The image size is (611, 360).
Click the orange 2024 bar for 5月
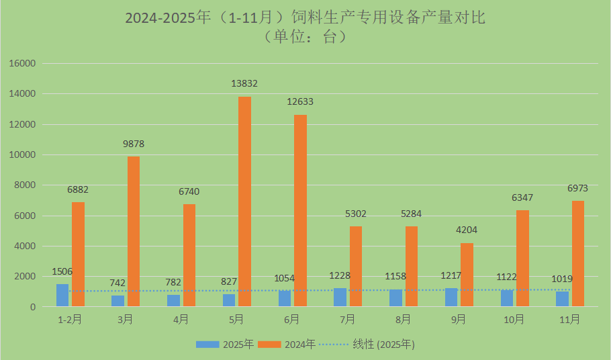[x=245, y=201]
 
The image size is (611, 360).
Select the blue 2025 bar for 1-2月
[x=62, y=296]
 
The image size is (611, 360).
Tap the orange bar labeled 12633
[x=301, y=211]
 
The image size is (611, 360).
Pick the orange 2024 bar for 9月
[x=467, y=275]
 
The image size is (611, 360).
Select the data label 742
[x=118, y=283]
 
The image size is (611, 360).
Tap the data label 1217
[x=451, y=275]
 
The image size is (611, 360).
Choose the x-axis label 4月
[x=181, y=320]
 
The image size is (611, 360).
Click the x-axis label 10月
[x=514, y=320]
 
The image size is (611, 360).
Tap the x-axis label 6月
[x=291, y=320]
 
